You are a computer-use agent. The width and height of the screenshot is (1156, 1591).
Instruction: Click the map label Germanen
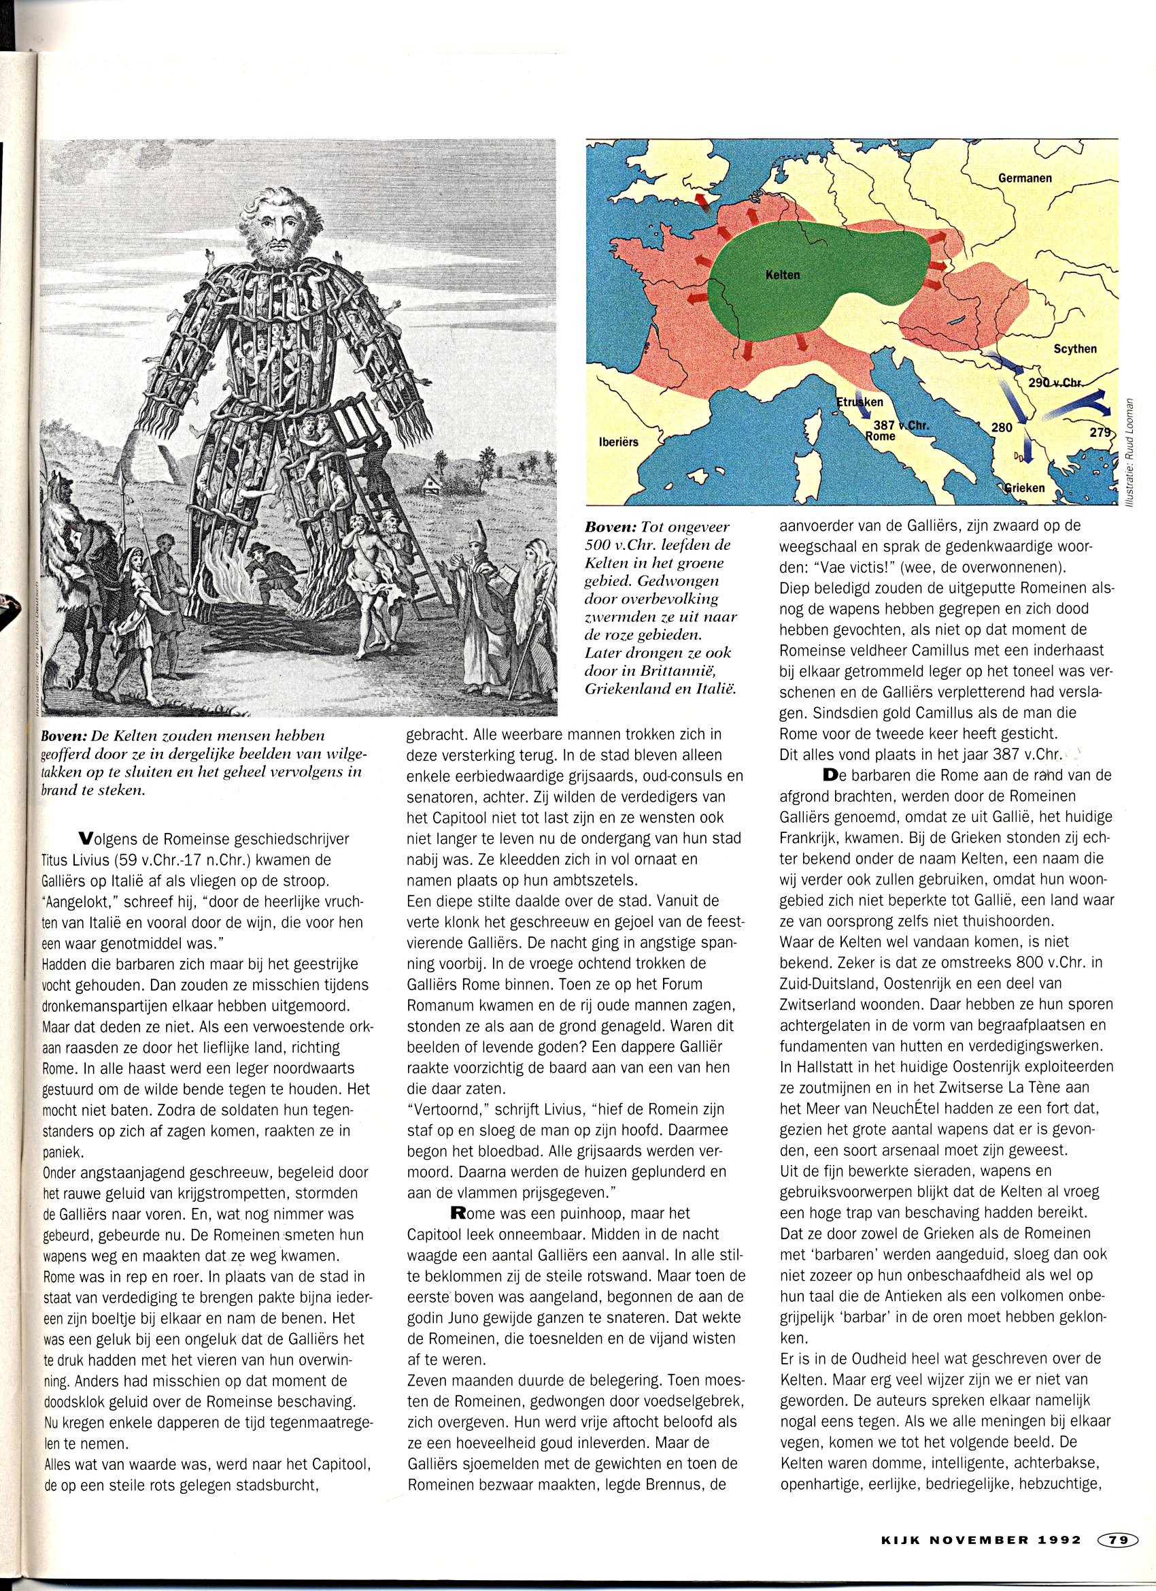click(x=1025, y=179)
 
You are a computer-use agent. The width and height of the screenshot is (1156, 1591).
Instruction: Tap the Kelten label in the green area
click(x=781, y=276)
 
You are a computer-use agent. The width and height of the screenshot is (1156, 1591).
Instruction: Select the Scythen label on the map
click(x=1074, y=348)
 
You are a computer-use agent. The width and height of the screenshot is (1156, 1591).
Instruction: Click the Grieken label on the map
click(x=1023, y=487)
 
